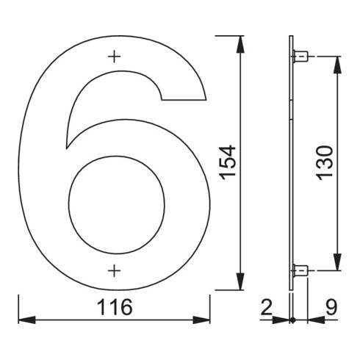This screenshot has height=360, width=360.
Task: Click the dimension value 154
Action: [228, 162]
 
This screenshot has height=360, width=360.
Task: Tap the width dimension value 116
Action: [114, 308]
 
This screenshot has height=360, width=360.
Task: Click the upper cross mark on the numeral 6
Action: [114, 56]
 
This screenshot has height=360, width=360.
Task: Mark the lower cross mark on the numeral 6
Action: [114, 271]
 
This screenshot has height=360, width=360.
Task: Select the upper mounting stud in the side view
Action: [300, 56]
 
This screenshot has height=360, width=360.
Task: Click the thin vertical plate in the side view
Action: [292, 162]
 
